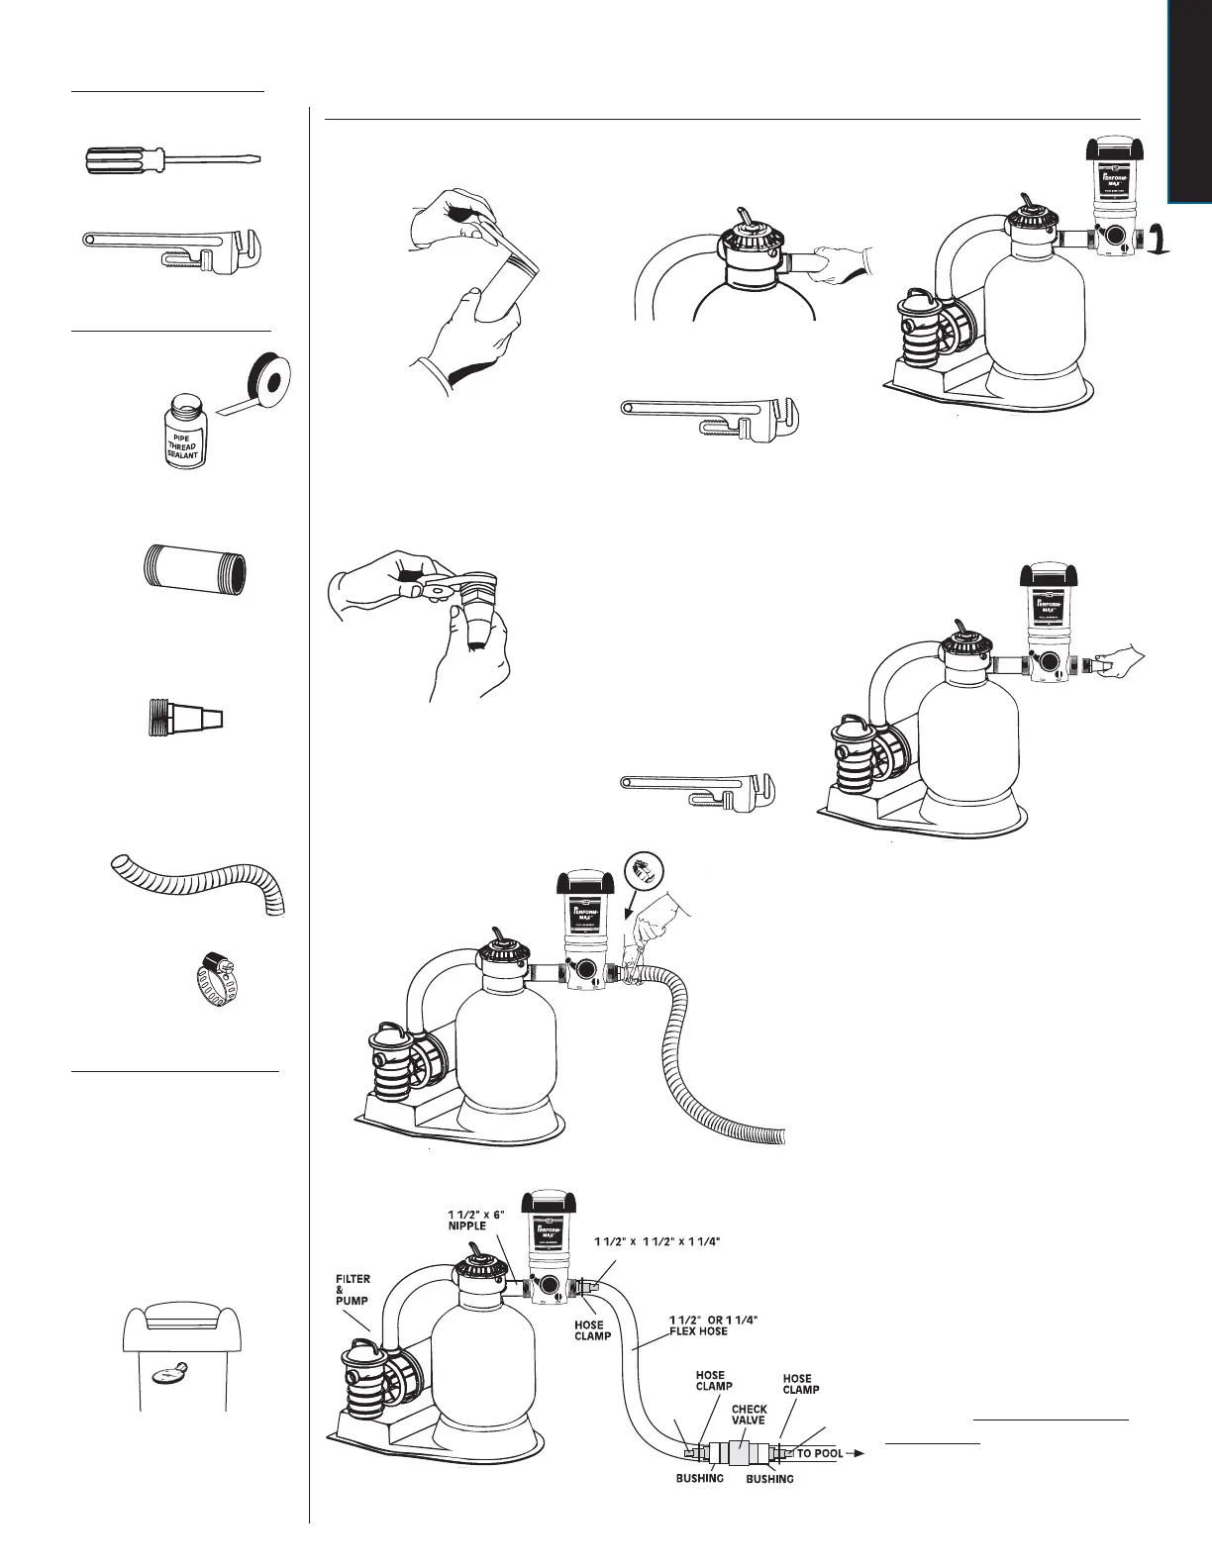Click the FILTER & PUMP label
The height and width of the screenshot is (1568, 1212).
352,1291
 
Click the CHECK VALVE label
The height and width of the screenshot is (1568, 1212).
750,1417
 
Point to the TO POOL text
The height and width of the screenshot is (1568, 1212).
820,1454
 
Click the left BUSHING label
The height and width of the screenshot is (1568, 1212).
700,1478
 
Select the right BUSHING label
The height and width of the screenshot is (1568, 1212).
769,1479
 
